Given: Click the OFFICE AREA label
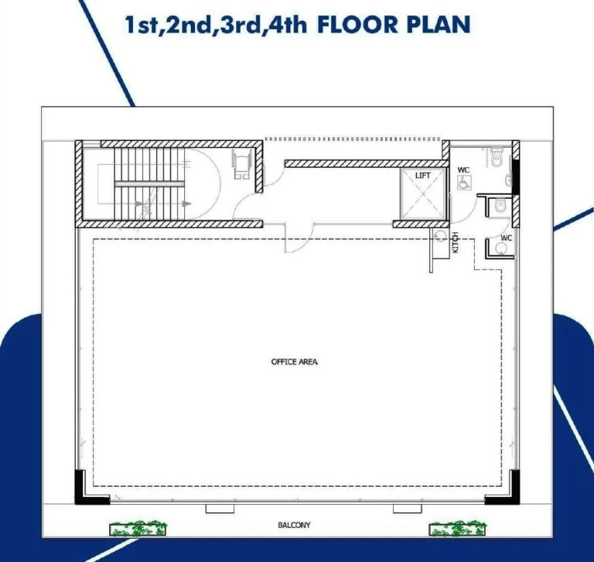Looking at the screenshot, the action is [295, 362].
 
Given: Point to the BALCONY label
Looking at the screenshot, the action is [295, 525].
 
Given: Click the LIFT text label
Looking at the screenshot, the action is [423, 175].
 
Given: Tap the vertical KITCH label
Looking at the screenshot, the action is [456, 242].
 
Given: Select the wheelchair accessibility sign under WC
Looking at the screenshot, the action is [464, 183].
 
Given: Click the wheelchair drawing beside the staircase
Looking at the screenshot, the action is [242, 164].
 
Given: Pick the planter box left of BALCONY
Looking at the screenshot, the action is [138, 529].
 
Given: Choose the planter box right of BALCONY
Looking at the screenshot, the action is [458, 529].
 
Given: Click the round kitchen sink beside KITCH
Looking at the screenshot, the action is [440, 236].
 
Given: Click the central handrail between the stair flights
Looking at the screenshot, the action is [149, 184].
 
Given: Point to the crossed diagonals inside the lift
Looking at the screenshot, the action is [423, 194].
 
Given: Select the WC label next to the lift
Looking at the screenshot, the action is [463, 170].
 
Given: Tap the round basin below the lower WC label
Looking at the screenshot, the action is [502, 248].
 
